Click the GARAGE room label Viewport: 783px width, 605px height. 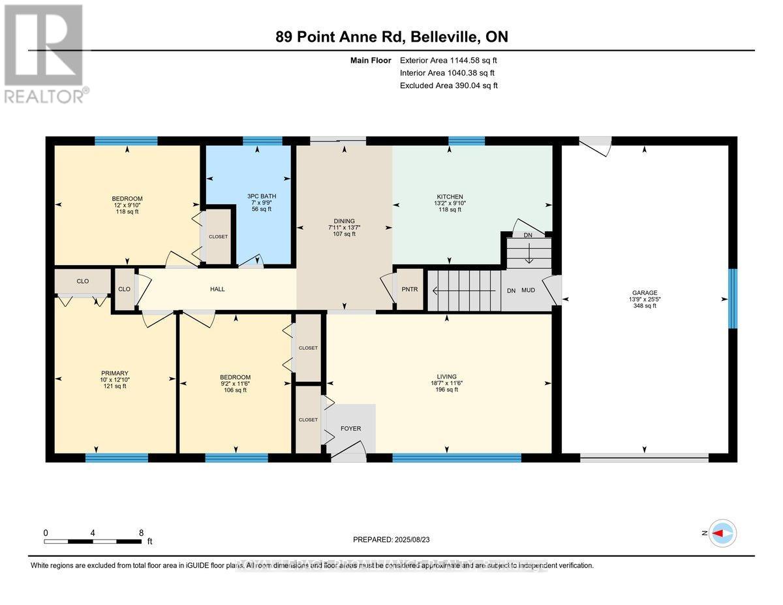coord(645,293)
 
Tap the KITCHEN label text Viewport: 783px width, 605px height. coord(450,196)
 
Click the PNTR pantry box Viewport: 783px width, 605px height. coord(410,289)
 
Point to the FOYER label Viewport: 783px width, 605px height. coord(350,429)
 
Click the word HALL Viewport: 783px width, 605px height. coord(217,289)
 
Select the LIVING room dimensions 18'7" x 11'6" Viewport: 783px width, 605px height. coord(447,383)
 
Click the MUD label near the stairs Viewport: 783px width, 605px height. coord(527,290)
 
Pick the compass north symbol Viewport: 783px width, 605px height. coord(722,533)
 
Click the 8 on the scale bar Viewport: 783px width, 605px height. coord(142,533)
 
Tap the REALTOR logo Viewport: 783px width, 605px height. coord(44,54)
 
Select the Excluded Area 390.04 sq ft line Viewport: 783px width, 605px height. coord(449,85)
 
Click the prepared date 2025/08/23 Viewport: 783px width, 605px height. coord(391,540)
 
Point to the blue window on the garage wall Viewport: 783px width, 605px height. coord(732,298)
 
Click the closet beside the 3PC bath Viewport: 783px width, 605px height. coord(219,236)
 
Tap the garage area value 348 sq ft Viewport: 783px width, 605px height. coord(645,305)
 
